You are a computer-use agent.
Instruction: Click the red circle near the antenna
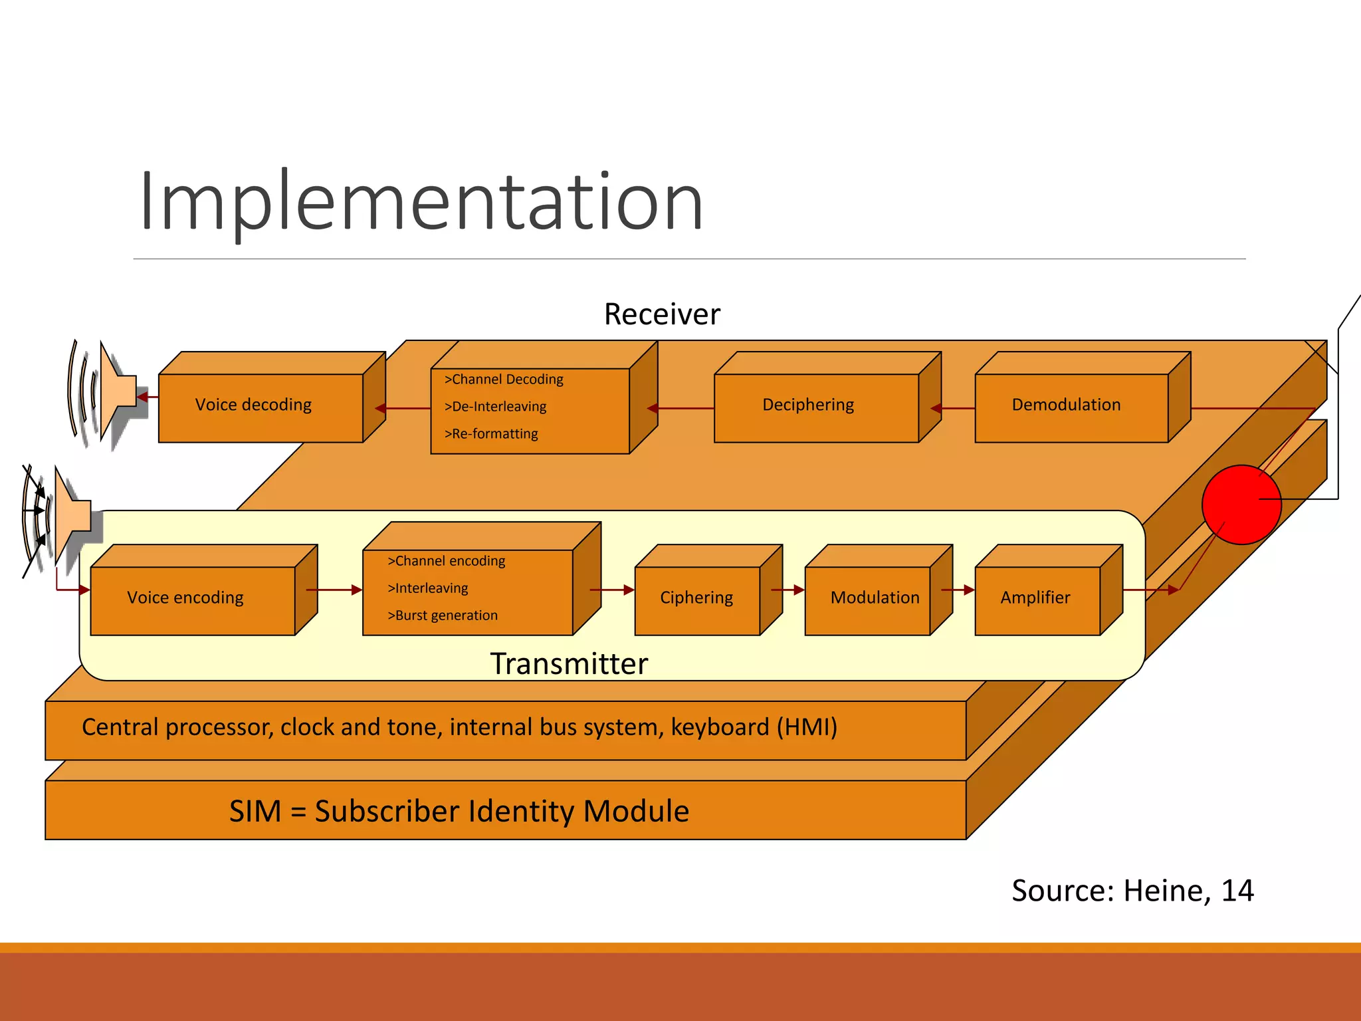pyautogui.click(x=1240, y=505)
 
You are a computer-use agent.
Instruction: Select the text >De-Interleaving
pyautogui.click(x=495, y=406)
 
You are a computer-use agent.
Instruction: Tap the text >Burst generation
pyautogui.click(x=443, y=615)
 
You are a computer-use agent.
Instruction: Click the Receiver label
pyautogui.click(x=662, y=314)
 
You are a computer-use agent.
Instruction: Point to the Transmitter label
pyautogui.click(x=569, y=663)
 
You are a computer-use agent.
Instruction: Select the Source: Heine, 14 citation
pyautogui.click(x=1132, y=891)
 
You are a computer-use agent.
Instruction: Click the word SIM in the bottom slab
pyautogui.click(x=255, y=811)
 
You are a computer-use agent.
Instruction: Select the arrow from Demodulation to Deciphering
pyautogui.click(x=952, y=408)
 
